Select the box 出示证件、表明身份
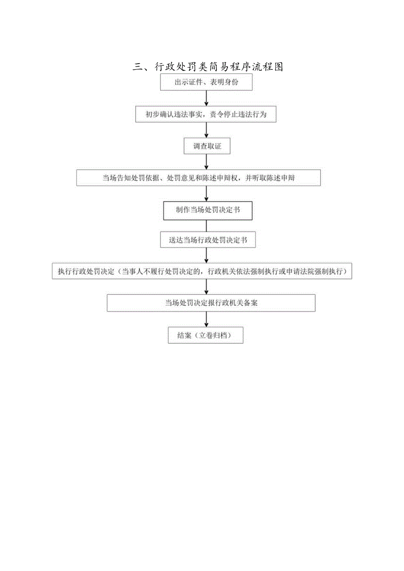coord(206,83)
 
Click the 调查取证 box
coord(207,147)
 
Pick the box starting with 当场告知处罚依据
coord(198,178)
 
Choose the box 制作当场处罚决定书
coord(208,211)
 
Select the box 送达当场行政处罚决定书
coord(208,240)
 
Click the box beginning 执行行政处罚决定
coord(202,272)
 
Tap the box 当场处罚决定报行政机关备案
coord(211,303)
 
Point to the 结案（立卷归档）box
coord(205,335)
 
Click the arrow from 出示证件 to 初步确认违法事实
coord(206,98)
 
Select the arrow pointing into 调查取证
coord(206,130)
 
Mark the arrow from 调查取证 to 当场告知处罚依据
coord(206,162)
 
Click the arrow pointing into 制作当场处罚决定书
coord(206,194)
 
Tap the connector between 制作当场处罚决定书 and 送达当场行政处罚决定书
coord(206,226)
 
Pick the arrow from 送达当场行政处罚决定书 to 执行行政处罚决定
coord(206,255)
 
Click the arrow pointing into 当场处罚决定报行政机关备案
coord(206,287)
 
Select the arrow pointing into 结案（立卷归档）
coord(206,320)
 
